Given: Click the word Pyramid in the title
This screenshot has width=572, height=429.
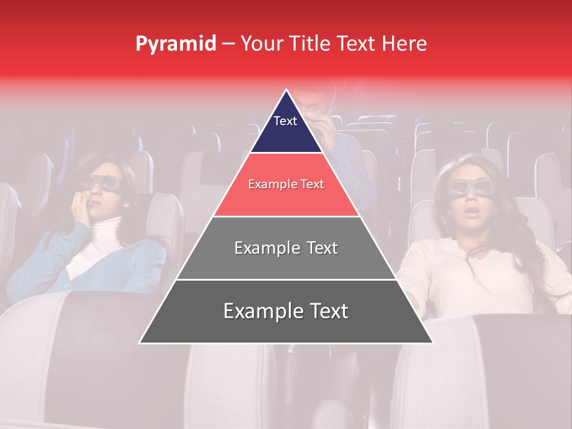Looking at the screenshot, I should click(175, 44).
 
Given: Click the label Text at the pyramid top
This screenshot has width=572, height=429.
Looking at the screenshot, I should click(285, 121).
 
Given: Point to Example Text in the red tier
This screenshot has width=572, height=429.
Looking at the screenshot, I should click(286, 185).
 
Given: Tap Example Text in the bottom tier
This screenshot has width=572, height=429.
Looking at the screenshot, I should click(286, 311).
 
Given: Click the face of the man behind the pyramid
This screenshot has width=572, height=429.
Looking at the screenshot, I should click(314, 107).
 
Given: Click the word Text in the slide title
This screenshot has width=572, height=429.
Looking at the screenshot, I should click(356, 43).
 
